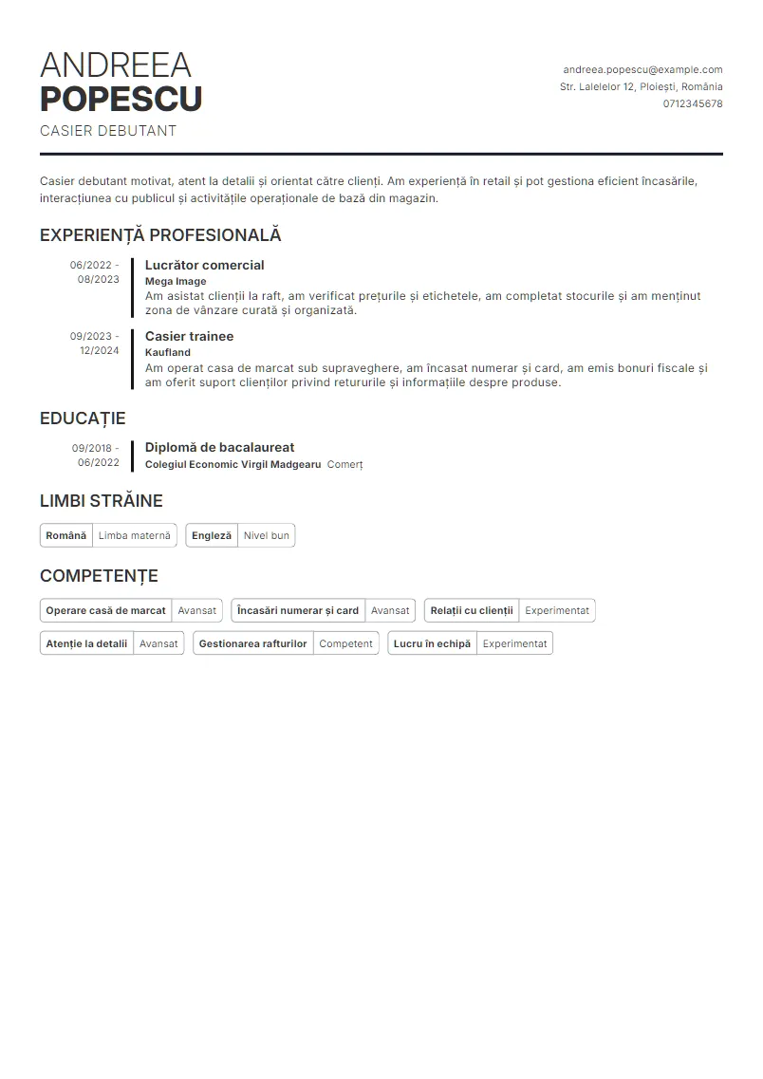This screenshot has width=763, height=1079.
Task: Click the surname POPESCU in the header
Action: [x=121, y=99]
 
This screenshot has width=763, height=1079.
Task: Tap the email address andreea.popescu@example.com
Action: [x=642, y=69]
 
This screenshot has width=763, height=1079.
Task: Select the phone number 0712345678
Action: [x=693, y=103]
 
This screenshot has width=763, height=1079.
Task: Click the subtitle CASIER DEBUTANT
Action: [x=108, y=131]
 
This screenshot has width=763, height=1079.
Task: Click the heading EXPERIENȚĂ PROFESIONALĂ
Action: [x=160, y=235]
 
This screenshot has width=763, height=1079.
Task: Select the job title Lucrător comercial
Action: [x=204, y=265]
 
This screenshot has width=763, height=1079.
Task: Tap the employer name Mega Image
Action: [x=176, y=281]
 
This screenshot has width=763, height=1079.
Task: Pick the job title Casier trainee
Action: [x=189, y=336]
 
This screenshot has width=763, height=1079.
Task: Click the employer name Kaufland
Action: [x=168, y=352]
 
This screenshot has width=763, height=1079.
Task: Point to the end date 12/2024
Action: [x=99, y=350]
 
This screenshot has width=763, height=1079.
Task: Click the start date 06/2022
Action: [x=91, y=265]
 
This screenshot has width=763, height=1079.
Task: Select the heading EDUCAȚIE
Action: [x=83, y=419]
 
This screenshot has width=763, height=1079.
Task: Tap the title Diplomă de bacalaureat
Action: [x=219, y=447]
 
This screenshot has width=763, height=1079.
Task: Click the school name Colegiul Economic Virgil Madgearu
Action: [x=233, y=464]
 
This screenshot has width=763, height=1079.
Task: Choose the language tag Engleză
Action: [x=212, y=535]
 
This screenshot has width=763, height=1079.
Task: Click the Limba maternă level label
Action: [x=135, y=535]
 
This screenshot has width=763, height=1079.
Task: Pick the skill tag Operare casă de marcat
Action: [x=105, y=610]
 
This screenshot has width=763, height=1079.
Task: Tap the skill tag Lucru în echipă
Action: [x=432, y=643]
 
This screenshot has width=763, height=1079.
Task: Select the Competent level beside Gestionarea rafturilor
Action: [x=345, y=643]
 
